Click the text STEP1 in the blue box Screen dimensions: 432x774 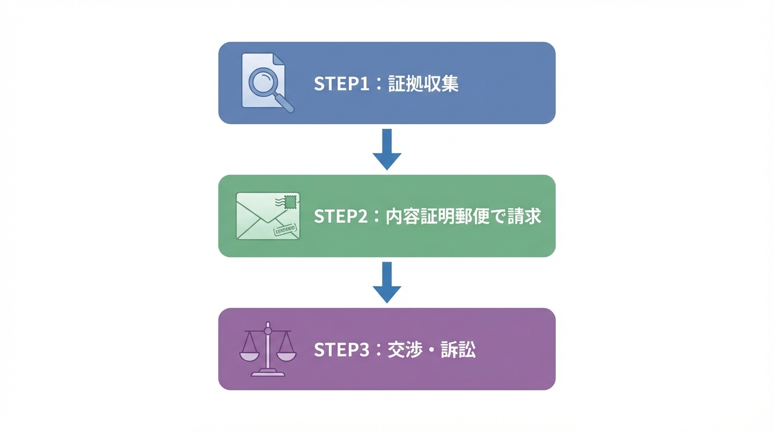point(341,84)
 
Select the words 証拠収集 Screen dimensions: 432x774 point(423,84)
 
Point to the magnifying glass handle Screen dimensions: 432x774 point(283,102)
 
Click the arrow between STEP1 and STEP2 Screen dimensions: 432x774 point(387,149)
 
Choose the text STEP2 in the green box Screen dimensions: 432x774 point(341,217)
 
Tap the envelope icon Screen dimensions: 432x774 point(268,216)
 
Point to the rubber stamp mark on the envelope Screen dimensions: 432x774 point(284,229)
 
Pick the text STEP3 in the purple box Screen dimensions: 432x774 point(341,350)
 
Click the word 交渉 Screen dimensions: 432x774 point(404,350)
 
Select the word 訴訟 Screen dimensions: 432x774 point(458,350)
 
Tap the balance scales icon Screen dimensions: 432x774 point(268,349)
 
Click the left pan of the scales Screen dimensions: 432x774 point(250,356)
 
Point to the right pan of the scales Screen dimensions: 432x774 point(286,356)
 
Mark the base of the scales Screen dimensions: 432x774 point(268,373)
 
